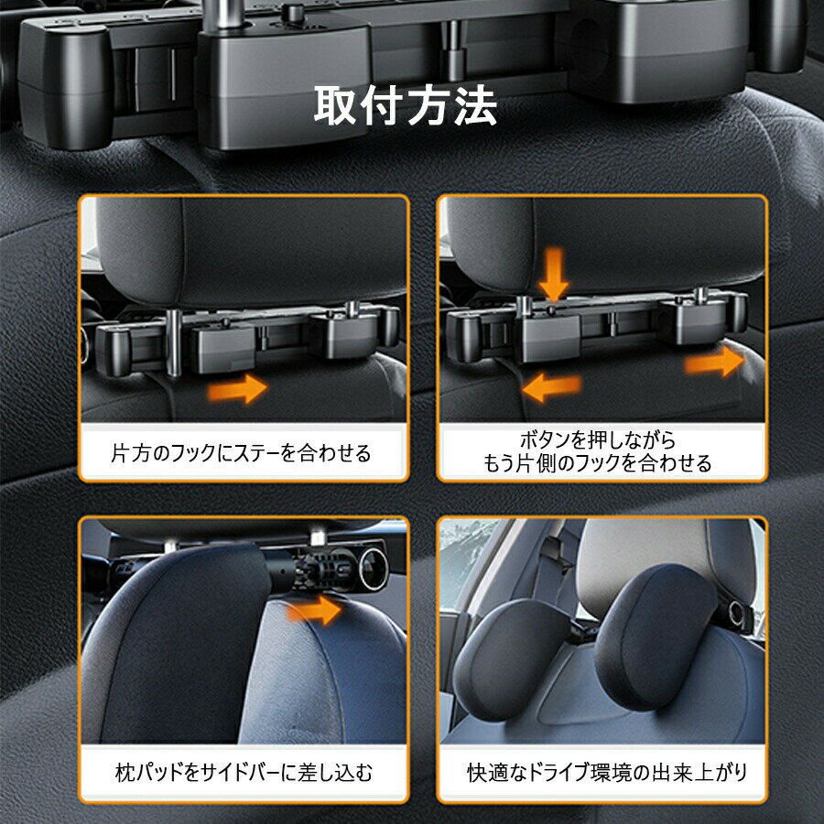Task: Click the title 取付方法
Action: click(406, 105)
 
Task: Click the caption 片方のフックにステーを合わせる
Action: click(241, 453)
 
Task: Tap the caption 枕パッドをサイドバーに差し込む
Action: click(244, 773)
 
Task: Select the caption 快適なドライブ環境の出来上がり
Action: click(607, 773)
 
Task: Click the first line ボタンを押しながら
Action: click(598, 439)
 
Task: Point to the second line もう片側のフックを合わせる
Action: click(597, 463)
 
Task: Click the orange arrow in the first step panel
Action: click(237, 389)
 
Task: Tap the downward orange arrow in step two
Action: click(553, 275)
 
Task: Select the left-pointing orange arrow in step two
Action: click(552, 388)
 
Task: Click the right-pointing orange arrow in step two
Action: click(715, 362)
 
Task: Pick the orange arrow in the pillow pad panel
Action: click(314, 610)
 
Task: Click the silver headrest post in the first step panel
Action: click(173, 342)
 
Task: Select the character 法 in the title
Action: click(475, 105)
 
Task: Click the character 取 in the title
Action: click(335, 105)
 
